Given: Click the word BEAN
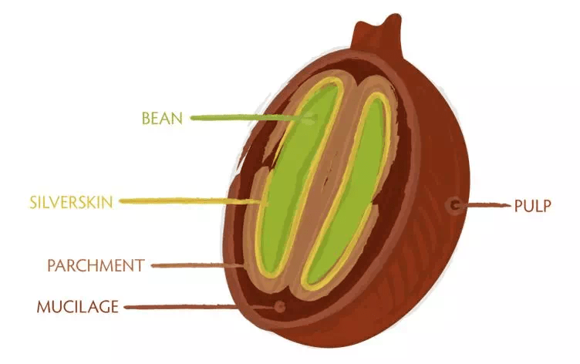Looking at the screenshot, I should tap(163, 119).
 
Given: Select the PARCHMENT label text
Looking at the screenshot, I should tap(96, 266).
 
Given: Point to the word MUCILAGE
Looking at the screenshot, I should tap(78, 307).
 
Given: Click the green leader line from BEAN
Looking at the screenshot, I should tap(247, 118).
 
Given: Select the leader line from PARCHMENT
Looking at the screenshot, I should tap(197, 266).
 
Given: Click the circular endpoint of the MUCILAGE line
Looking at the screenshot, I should tap(279, 306).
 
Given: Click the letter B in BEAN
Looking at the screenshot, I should tap(146, 119).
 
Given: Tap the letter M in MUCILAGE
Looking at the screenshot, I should tap(43, 307).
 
